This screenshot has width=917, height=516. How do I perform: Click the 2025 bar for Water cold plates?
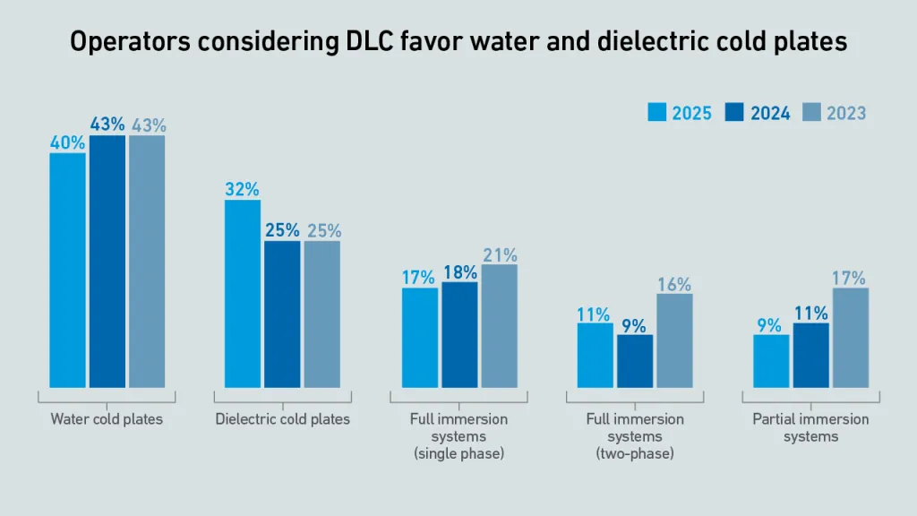pyautogui.click(x=67, y=270)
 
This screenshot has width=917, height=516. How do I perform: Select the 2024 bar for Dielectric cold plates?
pyautogui.click(x=282, y=314)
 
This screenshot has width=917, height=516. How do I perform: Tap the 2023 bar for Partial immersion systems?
pyautogui.click(x=851, y=338)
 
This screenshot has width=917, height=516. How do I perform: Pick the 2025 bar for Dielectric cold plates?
pyautogui.click(x=243, y=293)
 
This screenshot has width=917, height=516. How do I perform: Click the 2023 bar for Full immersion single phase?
pyautogui.click(x=499, y=326)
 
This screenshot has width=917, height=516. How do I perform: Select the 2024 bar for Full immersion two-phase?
pyautogui.click(x=635, y=361)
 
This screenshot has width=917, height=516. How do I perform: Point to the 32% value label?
pyautogui.click(x=243, y=189)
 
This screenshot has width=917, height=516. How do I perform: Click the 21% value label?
pyautogui.click(x=500, y=254)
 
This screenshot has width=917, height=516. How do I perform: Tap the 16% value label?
pyautogui.click(x=674, y=284)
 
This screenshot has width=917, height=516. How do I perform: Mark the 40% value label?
pyautogui.click(x=67, y=142)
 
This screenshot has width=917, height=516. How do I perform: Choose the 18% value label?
pyautogui.click(x=459, y=271)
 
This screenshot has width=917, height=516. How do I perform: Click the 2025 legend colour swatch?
pyautogui.click(x=656, y=113)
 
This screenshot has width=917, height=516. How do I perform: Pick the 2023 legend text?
pyautogui.click(x=846, y=113)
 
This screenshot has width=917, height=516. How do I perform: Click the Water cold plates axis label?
pyautogui.click(x=107, y=418)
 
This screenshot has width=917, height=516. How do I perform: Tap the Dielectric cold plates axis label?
pyautogui.click(x=283, y=418)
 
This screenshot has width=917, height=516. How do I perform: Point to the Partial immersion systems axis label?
pyautogui.click(x=810, y=427)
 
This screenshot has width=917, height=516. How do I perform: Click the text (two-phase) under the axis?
pyautogui.click(x=635, y=454)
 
